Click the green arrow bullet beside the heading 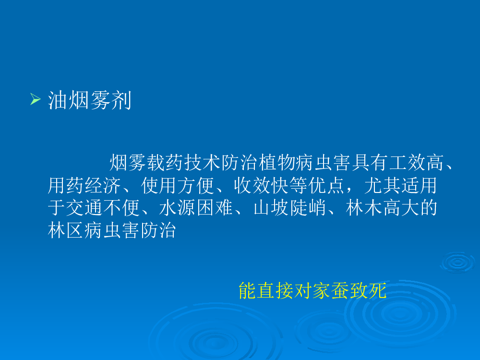[x=36, y=99]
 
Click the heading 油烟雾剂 [x=90, y=100]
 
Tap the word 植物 [x=277, y=162]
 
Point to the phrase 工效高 [x=416, y=162]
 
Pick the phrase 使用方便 [x=178, y=185]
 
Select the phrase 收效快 [x=262, y=185]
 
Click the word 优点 [x=326, y=185]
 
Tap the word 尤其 [x=383, y=185]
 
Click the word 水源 [x=178, y=207]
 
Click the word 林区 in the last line [x=66, y=230]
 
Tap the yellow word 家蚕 [x=331, y=290]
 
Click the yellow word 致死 [x=368, y=290]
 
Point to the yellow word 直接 [x=275, y=290]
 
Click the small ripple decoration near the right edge [x=457, y=262]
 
